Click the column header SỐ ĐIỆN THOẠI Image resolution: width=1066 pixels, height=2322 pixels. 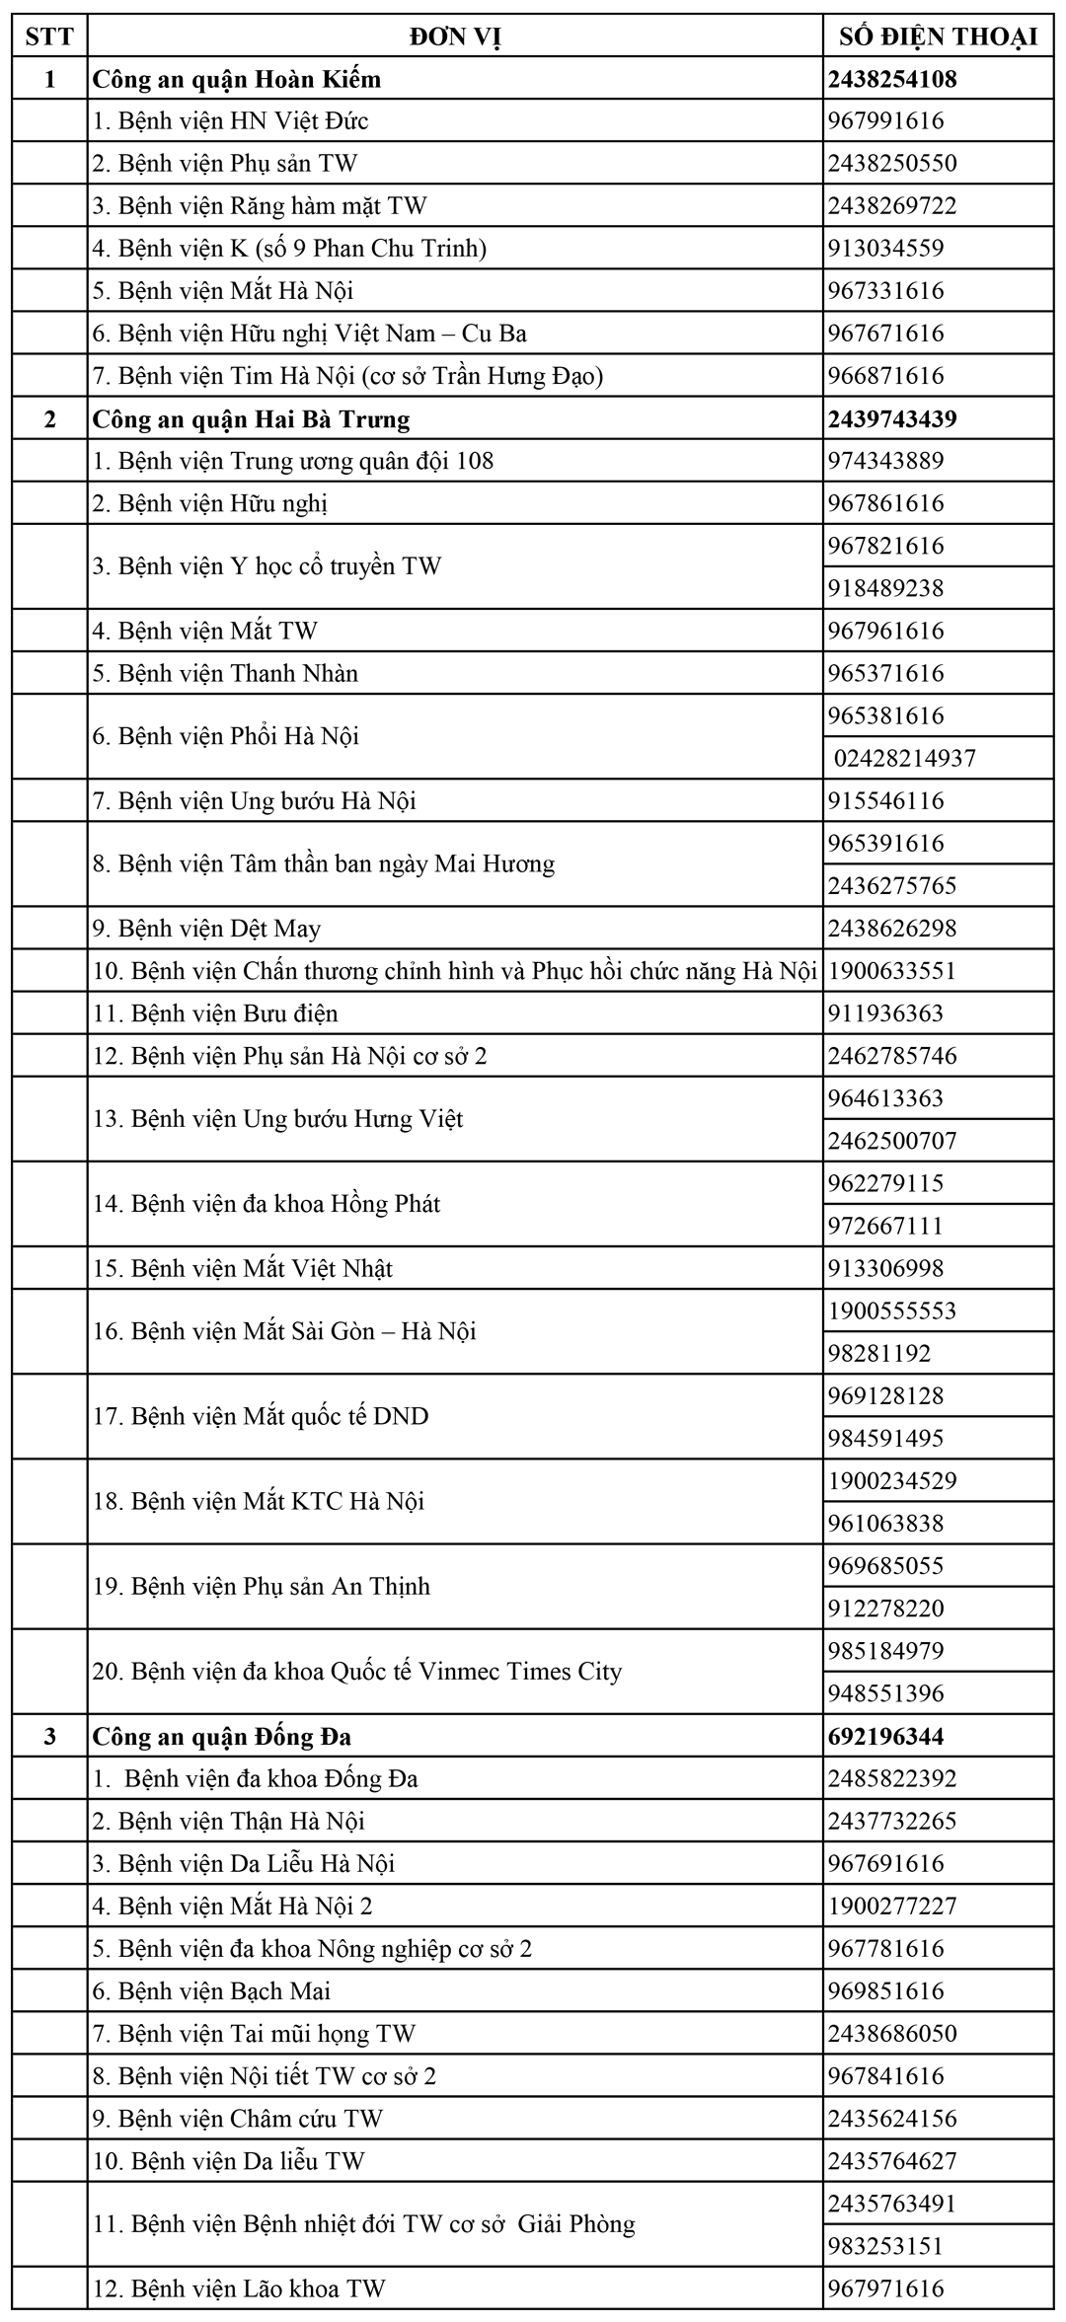point(938,37)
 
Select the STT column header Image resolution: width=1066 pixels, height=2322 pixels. point(49,37)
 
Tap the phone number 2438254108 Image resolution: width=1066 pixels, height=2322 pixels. point(893,79)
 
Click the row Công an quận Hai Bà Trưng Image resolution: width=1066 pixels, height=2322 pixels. point(251,418)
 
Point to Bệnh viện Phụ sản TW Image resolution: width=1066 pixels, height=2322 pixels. point(225,163)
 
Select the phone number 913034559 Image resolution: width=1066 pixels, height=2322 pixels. point(886,248)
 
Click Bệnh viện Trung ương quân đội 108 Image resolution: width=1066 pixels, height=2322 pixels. point(293,461)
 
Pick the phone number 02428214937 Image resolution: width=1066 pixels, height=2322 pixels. point(905,758)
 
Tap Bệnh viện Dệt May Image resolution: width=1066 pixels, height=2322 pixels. point(207,929)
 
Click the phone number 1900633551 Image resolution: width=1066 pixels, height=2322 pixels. point(892,971)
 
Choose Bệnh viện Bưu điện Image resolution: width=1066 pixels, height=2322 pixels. point(215,1013)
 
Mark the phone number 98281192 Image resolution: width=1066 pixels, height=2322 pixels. point(879,1353)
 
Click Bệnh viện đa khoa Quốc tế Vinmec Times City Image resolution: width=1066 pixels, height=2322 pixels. point(357,1671)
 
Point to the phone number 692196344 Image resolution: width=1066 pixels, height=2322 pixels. point(886,1736)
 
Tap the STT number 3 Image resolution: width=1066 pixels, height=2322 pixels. point(49,1736)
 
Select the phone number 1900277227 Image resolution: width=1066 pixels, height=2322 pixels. point(892,1906)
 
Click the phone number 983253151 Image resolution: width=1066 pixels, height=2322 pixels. point(886,2245)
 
